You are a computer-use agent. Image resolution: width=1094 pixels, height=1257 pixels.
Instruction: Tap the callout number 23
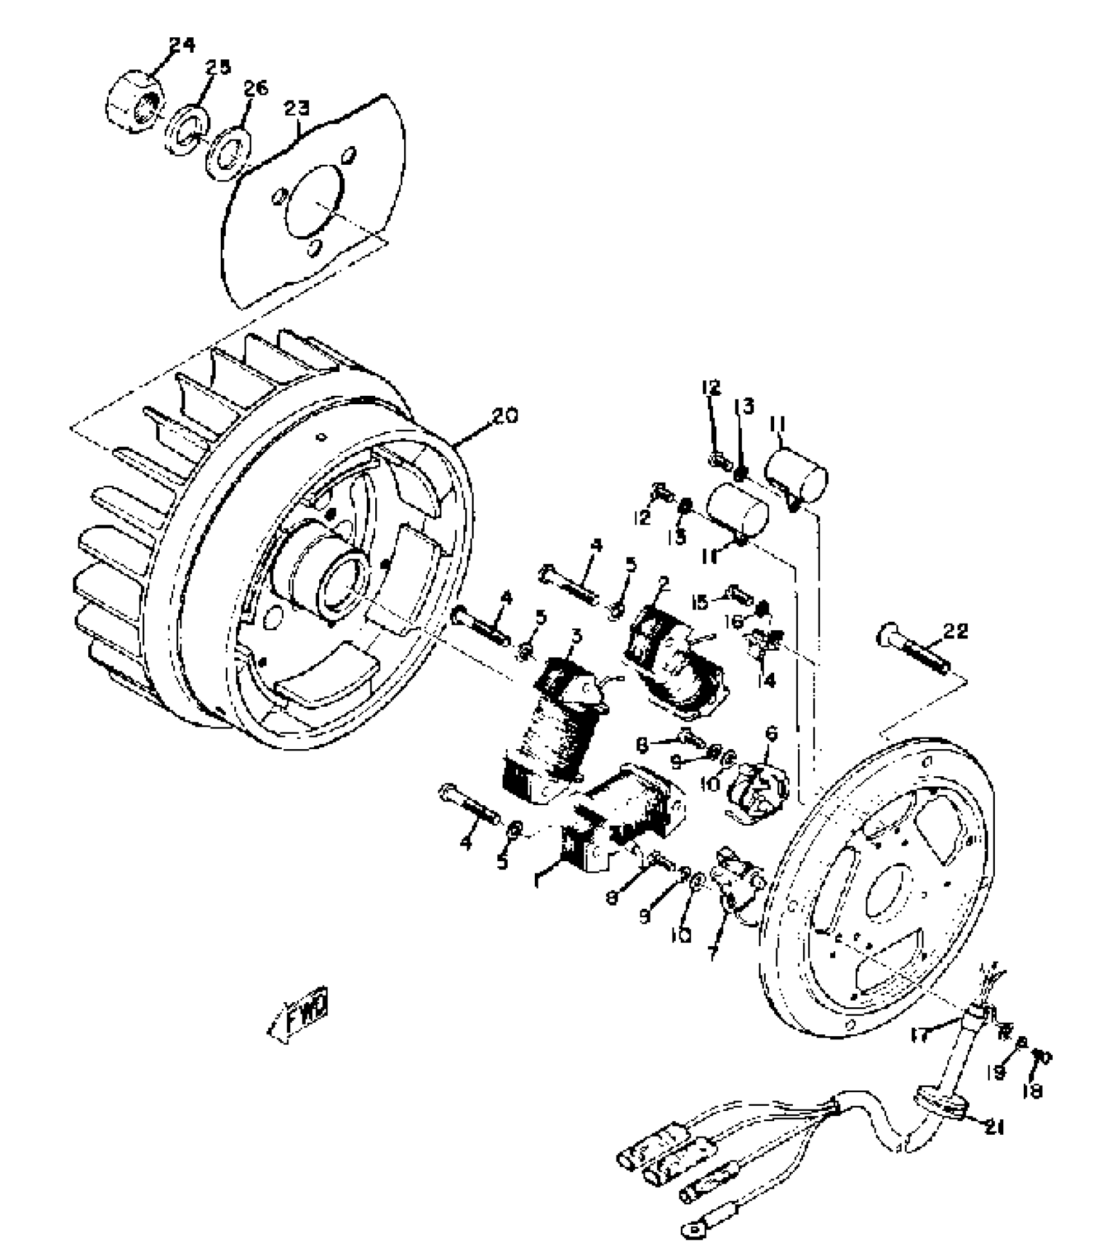click(297, 109)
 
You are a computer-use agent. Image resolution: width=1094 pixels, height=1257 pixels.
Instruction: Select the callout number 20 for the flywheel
click(504, 416)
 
